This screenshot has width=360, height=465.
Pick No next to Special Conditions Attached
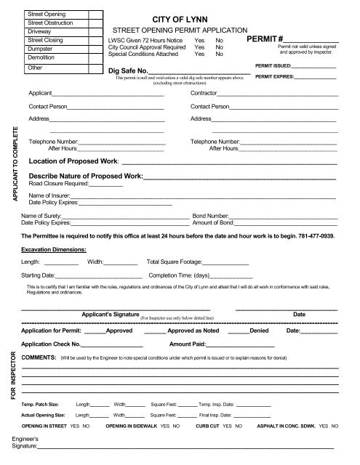[219, 54]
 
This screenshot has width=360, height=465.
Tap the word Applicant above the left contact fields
[41, 94]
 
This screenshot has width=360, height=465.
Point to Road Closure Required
[57, 183]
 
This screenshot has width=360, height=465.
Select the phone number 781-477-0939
[319, 236]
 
